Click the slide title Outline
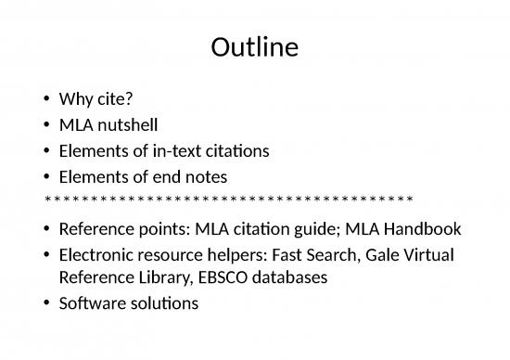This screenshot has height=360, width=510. click(255, 46)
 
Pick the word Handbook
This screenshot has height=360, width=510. click(425, 228)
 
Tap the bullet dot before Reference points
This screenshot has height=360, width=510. click(45, 229)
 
